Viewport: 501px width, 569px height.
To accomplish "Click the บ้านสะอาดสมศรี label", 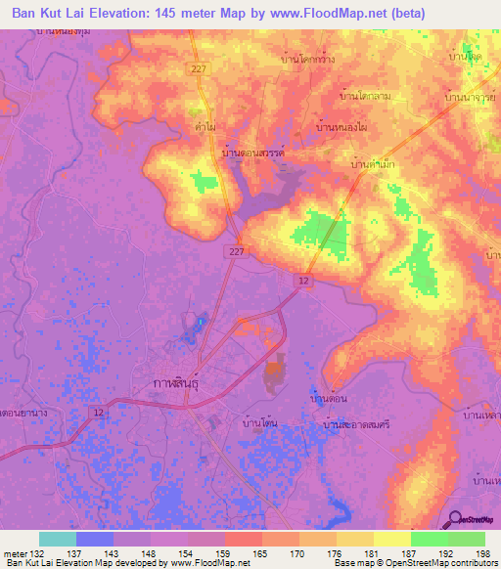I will (x=349, y=426).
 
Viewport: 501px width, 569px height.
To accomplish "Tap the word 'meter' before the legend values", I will (x=15, y=553).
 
